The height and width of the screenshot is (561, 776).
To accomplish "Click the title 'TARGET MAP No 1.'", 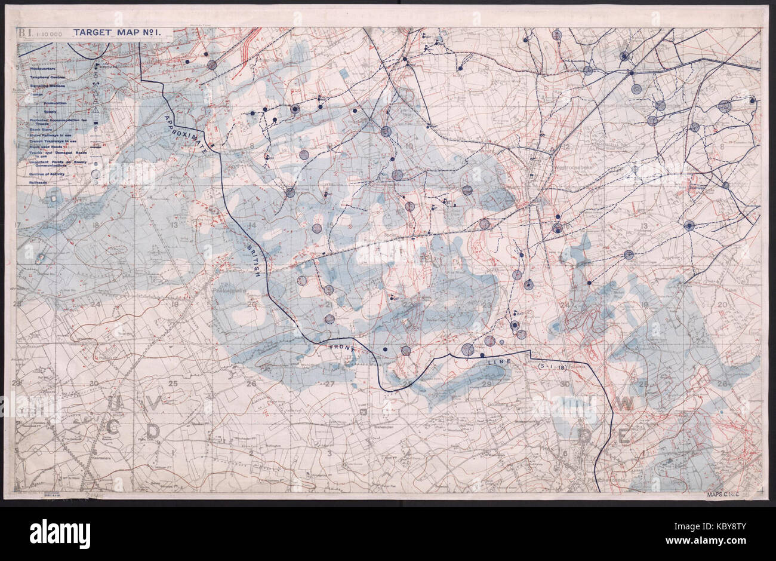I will pos(113,33).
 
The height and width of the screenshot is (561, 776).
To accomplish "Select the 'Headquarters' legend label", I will pos(43,69).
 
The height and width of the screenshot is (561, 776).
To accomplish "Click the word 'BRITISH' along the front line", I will pos(253,261).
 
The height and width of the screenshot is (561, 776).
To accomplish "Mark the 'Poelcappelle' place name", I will pos(230,291).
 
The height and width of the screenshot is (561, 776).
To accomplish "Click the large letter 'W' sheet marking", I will pos(625,404).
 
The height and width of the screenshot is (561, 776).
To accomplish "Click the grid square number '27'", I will pos(329,384).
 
